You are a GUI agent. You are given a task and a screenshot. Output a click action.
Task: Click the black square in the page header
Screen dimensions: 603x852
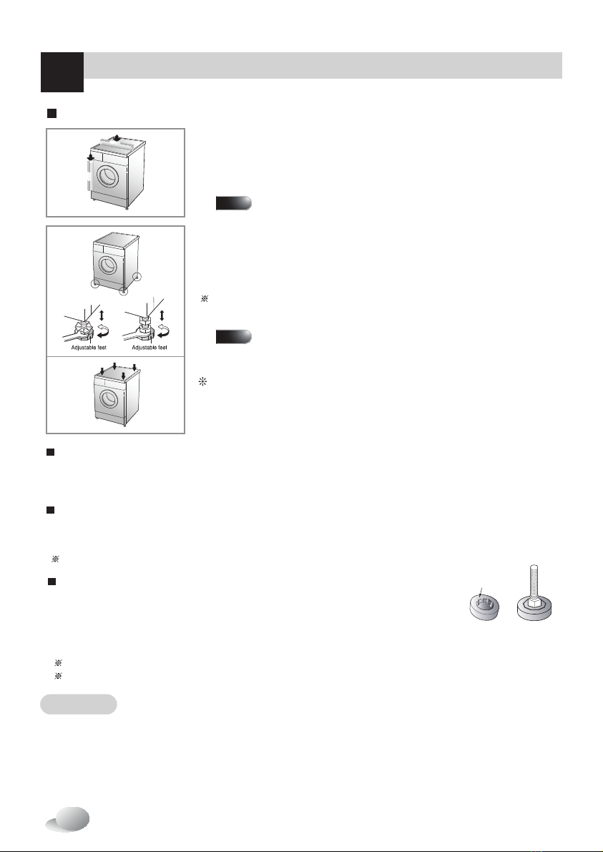coord(62,72)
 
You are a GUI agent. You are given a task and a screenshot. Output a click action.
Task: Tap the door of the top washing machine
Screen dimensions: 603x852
coord(107,175)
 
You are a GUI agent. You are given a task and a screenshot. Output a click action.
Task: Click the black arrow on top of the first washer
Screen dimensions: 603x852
coord(117,137)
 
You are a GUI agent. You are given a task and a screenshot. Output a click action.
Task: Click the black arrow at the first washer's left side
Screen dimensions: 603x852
coord(91,157)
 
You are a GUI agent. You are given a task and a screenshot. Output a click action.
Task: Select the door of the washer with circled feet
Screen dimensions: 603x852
coord(107,265)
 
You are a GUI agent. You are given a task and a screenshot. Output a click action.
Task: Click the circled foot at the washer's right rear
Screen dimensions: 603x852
coord(137,277)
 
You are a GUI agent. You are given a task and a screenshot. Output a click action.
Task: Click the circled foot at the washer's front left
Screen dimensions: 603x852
coord(95,283)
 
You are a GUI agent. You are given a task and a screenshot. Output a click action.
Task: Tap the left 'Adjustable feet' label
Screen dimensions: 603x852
coord(89,347)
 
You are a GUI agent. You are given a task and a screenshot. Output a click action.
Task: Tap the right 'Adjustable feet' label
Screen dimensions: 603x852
coord(149,347)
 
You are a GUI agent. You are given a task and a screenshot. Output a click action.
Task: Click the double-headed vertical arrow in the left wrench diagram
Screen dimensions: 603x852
coord(102,315)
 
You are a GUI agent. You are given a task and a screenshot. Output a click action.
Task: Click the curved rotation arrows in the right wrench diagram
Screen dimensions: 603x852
coord(164,330)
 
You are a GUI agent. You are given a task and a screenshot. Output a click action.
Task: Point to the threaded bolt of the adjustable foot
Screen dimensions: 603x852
coord(534,581)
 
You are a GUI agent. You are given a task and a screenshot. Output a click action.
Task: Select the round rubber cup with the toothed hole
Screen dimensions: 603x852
coord(484,607)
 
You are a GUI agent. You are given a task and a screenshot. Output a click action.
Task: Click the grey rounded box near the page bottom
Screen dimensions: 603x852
coord(79,704)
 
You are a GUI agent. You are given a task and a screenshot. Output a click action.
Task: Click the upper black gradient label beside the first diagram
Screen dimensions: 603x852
coord(234,203)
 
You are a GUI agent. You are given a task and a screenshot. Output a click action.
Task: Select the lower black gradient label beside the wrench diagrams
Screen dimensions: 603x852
coord(234,337)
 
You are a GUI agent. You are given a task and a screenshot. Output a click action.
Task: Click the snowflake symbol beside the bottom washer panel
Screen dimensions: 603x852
coord(202,382)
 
